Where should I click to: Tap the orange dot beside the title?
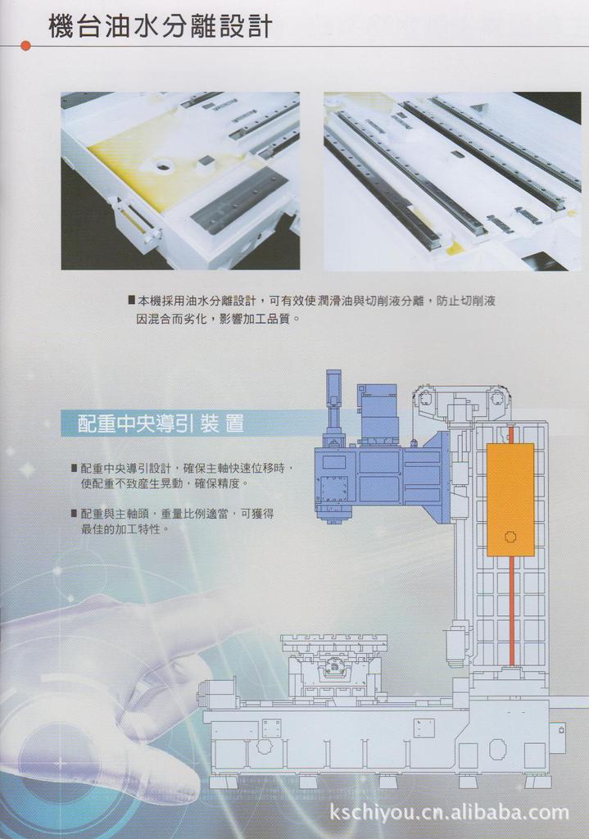(x=25, y=46)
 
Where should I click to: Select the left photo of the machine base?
(x=180, y=180)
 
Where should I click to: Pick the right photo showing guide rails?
(x=452, y=180)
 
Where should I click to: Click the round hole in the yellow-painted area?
(x=164, y=167)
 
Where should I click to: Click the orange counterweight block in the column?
(x=510, y=499)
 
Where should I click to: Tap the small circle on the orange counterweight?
(x=510, y=537)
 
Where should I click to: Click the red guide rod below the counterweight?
(x=511, y=610)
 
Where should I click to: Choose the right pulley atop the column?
(x=497, y=399)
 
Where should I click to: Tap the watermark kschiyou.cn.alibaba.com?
(x=448, y=812)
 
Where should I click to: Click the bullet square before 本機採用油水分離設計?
(x=132, y=301)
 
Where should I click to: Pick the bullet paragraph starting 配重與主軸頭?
(x=176, y=521)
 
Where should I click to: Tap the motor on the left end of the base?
(x=217, y=692)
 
